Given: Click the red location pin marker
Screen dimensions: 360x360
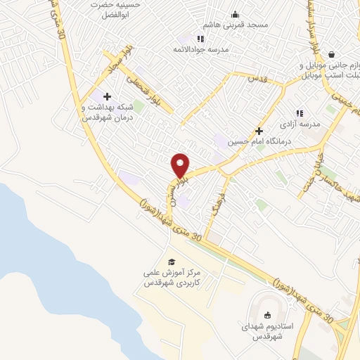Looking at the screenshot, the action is coord(180,165).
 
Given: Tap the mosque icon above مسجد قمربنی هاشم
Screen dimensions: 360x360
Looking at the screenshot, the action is coord(235,15).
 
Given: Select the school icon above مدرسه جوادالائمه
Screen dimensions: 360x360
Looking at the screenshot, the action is coord(200,39).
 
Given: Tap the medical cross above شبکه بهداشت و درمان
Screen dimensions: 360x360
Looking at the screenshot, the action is coord(107,96).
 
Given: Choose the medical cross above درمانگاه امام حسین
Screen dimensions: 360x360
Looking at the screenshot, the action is coord(259,131).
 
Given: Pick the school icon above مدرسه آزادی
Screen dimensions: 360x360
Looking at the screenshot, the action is coord(300,113).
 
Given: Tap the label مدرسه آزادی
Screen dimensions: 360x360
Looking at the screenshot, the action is coord(301,124).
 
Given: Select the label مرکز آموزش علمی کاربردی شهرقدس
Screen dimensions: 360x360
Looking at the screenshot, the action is coord(173,277).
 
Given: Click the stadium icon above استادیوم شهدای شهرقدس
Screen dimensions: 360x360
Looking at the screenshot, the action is coord(266,314).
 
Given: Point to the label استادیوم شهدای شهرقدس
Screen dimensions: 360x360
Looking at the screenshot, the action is coord(267,330).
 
